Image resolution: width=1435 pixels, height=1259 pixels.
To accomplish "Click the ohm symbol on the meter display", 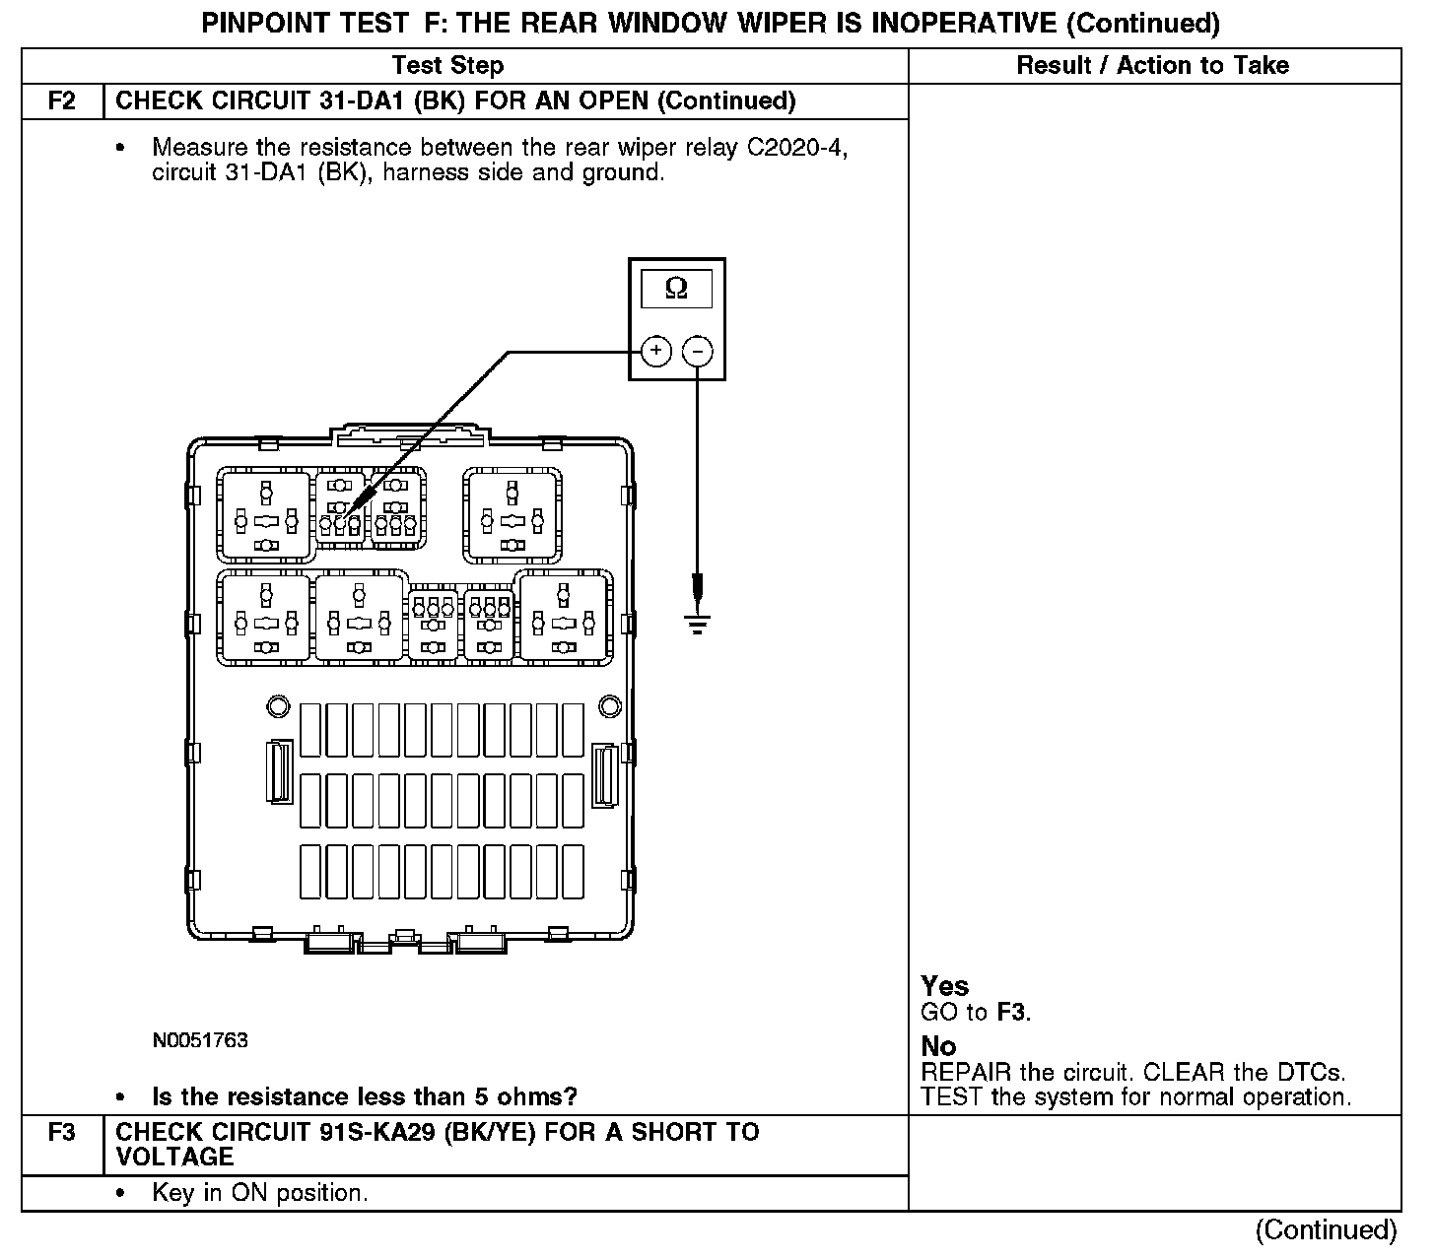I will pos(676,288).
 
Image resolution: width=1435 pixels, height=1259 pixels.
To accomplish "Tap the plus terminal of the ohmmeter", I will pos(656,351).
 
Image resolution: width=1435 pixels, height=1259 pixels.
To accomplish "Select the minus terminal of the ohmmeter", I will pos(698,351).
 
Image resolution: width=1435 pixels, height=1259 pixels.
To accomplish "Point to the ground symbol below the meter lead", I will pos(698,623).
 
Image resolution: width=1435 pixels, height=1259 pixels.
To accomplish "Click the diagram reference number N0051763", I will pos(200,1040).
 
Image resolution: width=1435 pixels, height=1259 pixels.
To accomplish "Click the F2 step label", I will pos(62,101).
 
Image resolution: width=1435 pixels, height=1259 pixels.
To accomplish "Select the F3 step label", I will pos(62,1133).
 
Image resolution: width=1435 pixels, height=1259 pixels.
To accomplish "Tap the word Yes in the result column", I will pos(944,986).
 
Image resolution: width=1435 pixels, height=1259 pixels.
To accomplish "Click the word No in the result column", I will pos(938,1046).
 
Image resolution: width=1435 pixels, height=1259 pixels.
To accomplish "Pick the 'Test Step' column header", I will pos(447,66).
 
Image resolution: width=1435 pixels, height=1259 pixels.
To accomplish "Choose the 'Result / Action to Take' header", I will pos(1152,66).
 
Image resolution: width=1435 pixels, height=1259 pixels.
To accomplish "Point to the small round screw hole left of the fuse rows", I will pos(278,705).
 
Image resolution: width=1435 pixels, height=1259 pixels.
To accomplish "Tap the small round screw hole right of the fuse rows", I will pos(610,705).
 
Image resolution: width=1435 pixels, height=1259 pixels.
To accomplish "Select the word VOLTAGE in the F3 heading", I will pos(174,1157).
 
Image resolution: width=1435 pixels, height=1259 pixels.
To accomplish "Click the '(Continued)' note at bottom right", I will pos(1326,1230).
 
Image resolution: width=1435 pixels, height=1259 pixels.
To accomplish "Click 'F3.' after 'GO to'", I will pos(1014,1012).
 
